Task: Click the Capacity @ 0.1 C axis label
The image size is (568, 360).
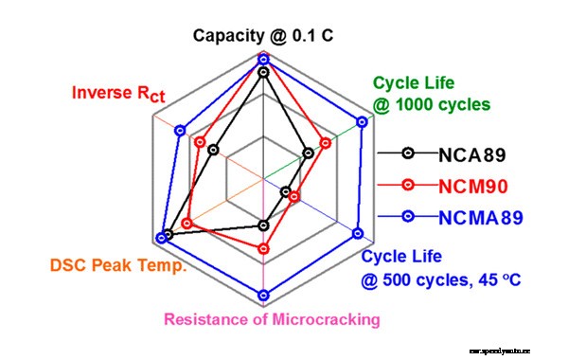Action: coord(263,36)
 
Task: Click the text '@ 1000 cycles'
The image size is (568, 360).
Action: coord(431,104)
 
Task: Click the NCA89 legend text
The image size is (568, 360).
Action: coord(472,153)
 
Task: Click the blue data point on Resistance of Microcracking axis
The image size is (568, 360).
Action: coord(264,294)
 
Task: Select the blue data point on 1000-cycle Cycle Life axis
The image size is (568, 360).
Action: coord(362,120)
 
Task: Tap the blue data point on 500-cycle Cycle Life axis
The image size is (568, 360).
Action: coord(359,232)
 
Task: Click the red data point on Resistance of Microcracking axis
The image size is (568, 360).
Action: coord(264,246)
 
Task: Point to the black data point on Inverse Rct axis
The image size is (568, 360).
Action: coord(214,149)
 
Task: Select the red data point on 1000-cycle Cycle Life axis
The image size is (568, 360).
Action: coord(326,143)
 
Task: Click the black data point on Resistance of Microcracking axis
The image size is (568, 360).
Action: coord(264,225)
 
